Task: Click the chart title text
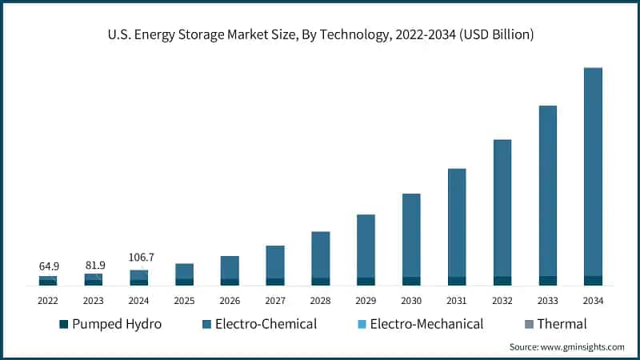pos(320,34)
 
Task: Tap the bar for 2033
pos(547,192)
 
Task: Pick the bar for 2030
pos(411,236)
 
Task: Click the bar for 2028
pos(320,256)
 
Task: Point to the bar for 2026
pos(230,269)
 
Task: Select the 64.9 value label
pos(48,265)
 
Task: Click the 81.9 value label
pos(93,265)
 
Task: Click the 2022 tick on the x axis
pos(48,300)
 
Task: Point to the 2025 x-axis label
pos(184,300)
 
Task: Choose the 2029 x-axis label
pos(366,300)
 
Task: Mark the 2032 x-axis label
pos(502,300)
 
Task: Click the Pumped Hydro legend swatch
pos(64,324)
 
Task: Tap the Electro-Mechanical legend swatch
pos(361,324)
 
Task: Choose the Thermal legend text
pos(562,324)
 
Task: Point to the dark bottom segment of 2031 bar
pos(457,281)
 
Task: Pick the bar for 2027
pos(275,263)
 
